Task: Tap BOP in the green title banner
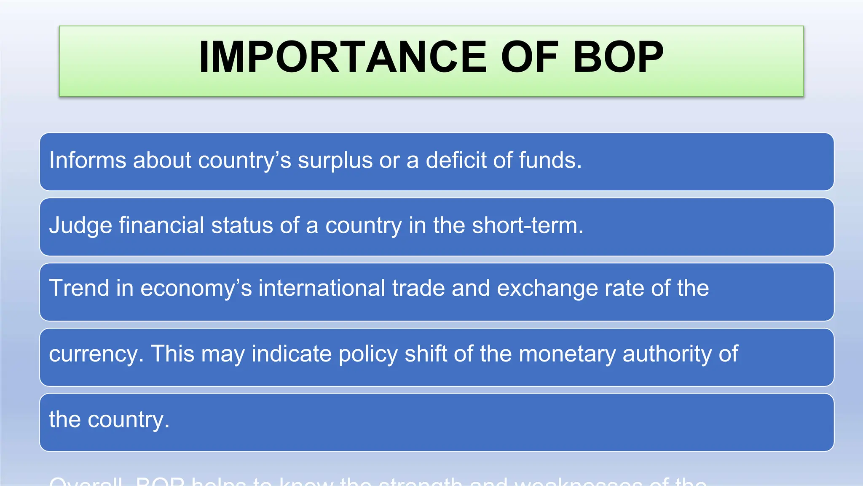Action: [618, 57]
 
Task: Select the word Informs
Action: [88, 160]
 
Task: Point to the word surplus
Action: [335, 161]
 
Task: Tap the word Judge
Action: [80, 226]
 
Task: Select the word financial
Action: [161, 225]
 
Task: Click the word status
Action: [242, 225]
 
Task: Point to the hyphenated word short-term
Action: [527, 225]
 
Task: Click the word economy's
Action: [196, 289]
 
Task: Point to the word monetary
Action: [567, 354]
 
